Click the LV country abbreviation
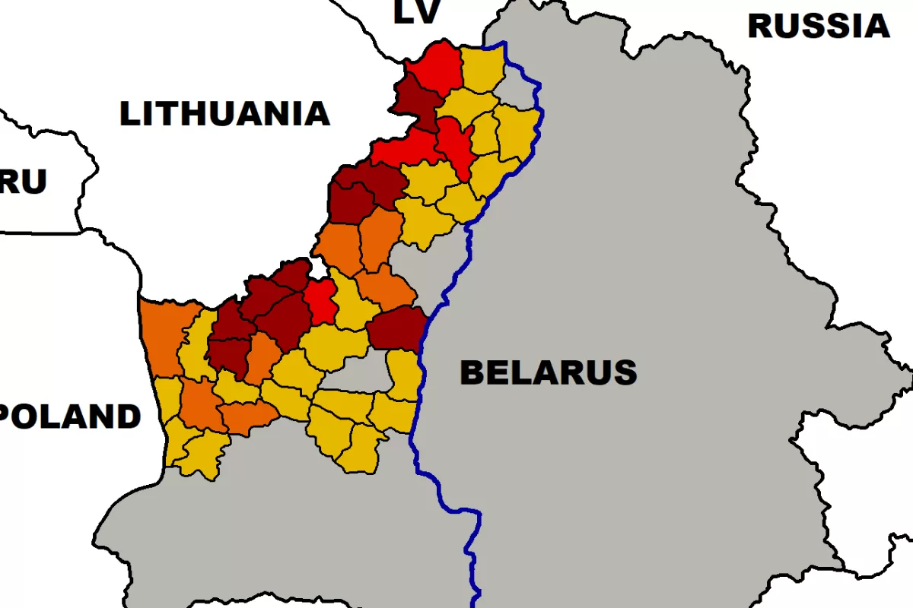coord(416,13)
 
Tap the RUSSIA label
coord(818,27)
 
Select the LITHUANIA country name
coord(224,114)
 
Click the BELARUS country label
coord(549,372)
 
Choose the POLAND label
coord(70,417)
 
